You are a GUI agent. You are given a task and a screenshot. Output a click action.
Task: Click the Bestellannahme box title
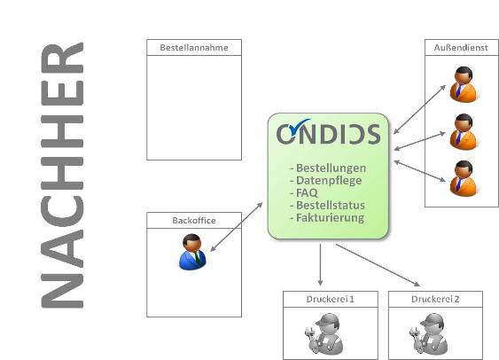click(194, 47)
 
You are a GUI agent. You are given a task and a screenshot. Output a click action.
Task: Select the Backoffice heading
click(194, 220)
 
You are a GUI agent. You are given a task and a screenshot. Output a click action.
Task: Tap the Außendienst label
click(461, 47)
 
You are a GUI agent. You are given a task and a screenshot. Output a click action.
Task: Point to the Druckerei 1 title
click(330, 299)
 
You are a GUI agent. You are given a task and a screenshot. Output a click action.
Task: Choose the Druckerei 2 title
click(435, 299)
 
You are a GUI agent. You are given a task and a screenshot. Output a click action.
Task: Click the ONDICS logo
click(328, 132)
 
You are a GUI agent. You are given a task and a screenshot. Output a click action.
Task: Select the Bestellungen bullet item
click(328, 168)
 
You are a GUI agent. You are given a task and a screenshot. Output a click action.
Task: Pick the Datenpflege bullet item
click(326, 181)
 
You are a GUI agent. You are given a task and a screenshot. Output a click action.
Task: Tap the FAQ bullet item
click(304, 193)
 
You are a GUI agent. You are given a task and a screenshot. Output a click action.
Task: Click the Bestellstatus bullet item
click(327, 206)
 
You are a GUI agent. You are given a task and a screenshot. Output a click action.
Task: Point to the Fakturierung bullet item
click(327, 218)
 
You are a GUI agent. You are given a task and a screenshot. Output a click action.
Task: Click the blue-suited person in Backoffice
click(192, 252)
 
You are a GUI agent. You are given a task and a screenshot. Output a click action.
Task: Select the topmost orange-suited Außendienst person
click(464, 84)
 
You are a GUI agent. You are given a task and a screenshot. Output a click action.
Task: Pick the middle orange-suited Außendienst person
click(464, 131)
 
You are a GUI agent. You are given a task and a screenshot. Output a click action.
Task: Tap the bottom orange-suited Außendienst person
click(464, 178)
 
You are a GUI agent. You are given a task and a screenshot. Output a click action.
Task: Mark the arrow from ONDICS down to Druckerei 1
click(320, 265)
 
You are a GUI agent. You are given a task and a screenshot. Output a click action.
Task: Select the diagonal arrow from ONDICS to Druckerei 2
click(378, 265)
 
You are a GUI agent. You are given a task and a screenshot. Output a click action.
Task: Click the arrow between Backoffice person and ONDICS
click(237, 227)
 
